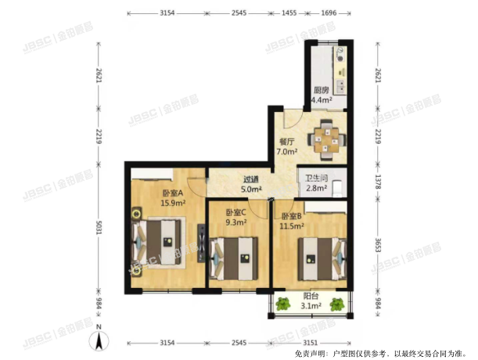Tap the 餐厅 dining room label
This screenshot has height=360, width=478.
click(x=286, y=142)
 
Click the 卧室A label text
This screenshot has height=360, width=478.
click(x=173, y=193)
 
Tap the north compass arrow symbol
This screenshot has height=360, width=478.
click(x=99, y=340)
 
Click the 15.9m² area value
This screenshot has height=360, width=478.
click(x=172, y=203)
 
